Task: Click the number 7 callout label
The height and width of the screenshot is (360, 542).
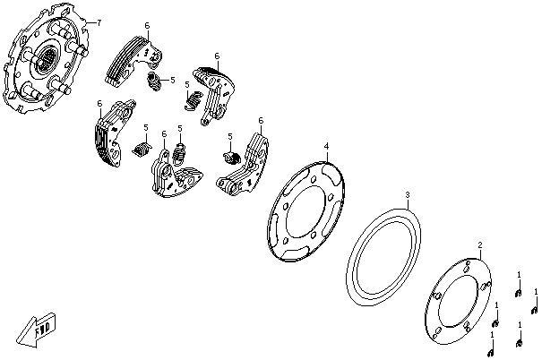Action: pyautogui.click(x=99, y=21)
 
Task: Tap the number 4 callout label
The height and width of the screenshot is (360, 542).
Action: pyautogui.click(x=326, y=145)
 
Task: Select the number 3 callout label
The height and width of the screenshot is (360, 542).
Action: pyautogui.click(x=407, y=194)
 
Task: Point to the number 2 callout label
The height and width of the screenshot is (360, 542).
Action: pyautogui.click(x=479, y=244)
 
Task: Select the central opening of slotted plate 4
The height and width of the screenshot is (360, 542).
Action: pyautogui.click(x=307, y=214)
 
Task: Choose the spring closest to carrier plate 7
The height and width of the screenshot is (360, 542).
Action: pyautogui.click(x=154, y=82)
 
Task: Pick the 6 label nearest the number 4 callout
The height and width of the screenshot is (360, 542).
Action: pyautogui.click(x=261, y=120)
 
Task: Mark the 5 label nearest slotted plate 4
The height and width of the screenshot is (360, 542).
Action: pyautogui.click(x=229, y=136)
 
